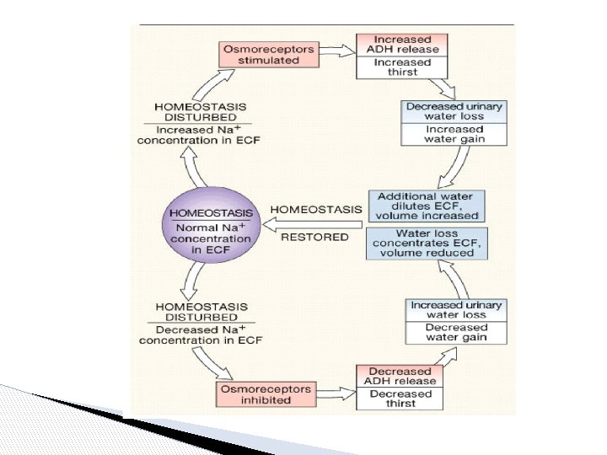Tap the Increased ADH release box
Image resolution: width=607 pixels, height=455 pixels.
click(x=402, y=45)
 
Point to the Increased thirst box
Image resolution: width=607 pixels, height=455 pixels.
click(x=402, y=67)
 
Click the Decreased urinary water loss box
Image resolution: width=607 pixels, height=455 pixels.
click(x=454, y=112)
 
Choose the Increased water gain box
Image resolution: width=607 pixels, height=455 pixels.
click(x=454, y=134)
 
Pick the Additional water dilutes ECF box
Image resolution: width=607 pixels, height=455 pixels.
click(x=426, y=206)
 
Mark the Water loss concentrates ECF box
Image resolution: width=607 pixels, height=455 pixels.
click(x=426, y=244)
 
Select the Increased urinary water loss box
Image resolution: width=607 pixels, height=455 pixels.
click(x=456, y=310)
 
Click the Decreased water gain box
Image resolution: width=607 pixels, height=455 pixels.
click(x=456, y=332)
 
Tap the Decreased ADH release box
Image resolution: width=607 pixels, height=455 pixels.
click(x=400, y=377)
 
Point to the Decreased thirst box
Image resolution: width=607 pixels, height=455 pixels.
click(x=400, y=399)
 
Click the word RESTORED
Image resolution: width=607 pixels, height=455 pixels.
click(x=314, y=238)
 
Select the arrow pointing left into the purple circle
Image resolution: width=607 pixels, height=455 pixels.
click(x=312, y=223)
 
